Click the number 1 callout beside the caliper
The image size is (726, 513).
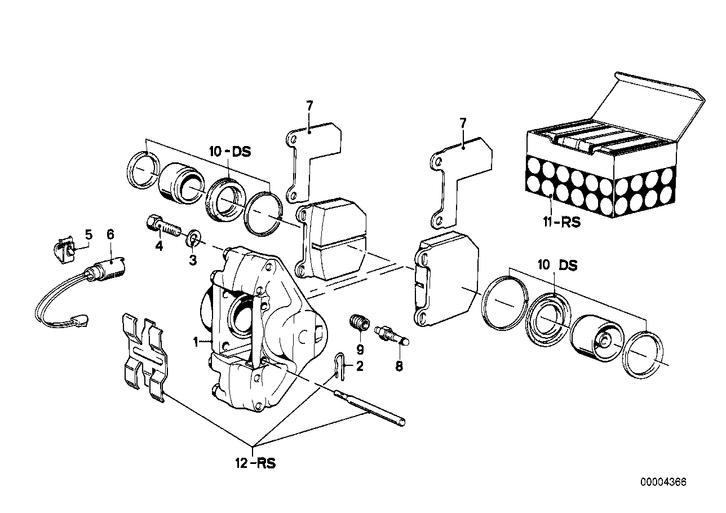coord(196,342)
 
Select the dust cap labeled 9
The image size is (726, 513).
coord(358,324)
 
